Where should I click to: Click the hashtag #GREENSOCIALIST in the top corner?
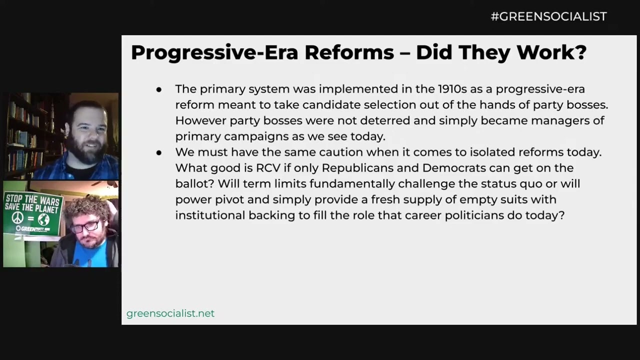pyautogui.click(x=548, y=16)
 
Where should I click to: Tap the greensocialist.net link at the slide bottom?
pyautogui.click(x=170, y=313)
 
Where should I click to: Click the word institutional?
pyautogui.click(x=210, y=215)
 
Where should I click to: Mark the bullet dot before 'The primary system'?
pyautogui.click(x=159, y=89)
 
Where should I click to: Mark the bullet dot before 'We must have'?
pyautogui.click(x=159, y=152)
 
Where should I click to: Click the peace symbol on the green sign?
pyautogui.click(x=17, y=218)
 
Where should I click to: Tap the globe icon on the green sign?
pyautogui.click(x=43, y=219)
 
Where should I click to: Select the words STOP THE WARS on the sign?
pyautogui.click(x=33, y=200)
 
